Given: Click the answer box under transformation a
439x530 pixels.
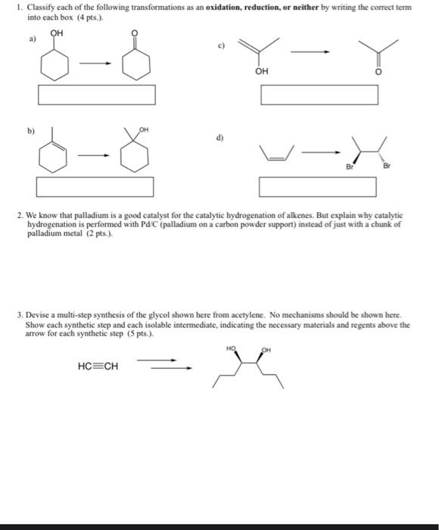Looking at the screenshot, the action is [97, 95].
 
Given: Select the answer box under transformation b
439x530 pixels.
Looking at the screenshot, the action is [95, 185].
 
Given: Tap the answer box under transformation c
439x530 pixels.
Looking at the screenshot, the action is [319, 95].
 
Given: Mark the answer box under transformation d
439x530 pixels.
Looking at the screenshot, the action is [318, 185].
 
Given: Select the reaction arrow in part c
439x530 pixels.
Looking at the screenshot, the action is [313, 51].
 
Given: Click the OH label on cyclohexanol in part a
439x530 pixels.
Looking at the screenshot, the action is [57, 33].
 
